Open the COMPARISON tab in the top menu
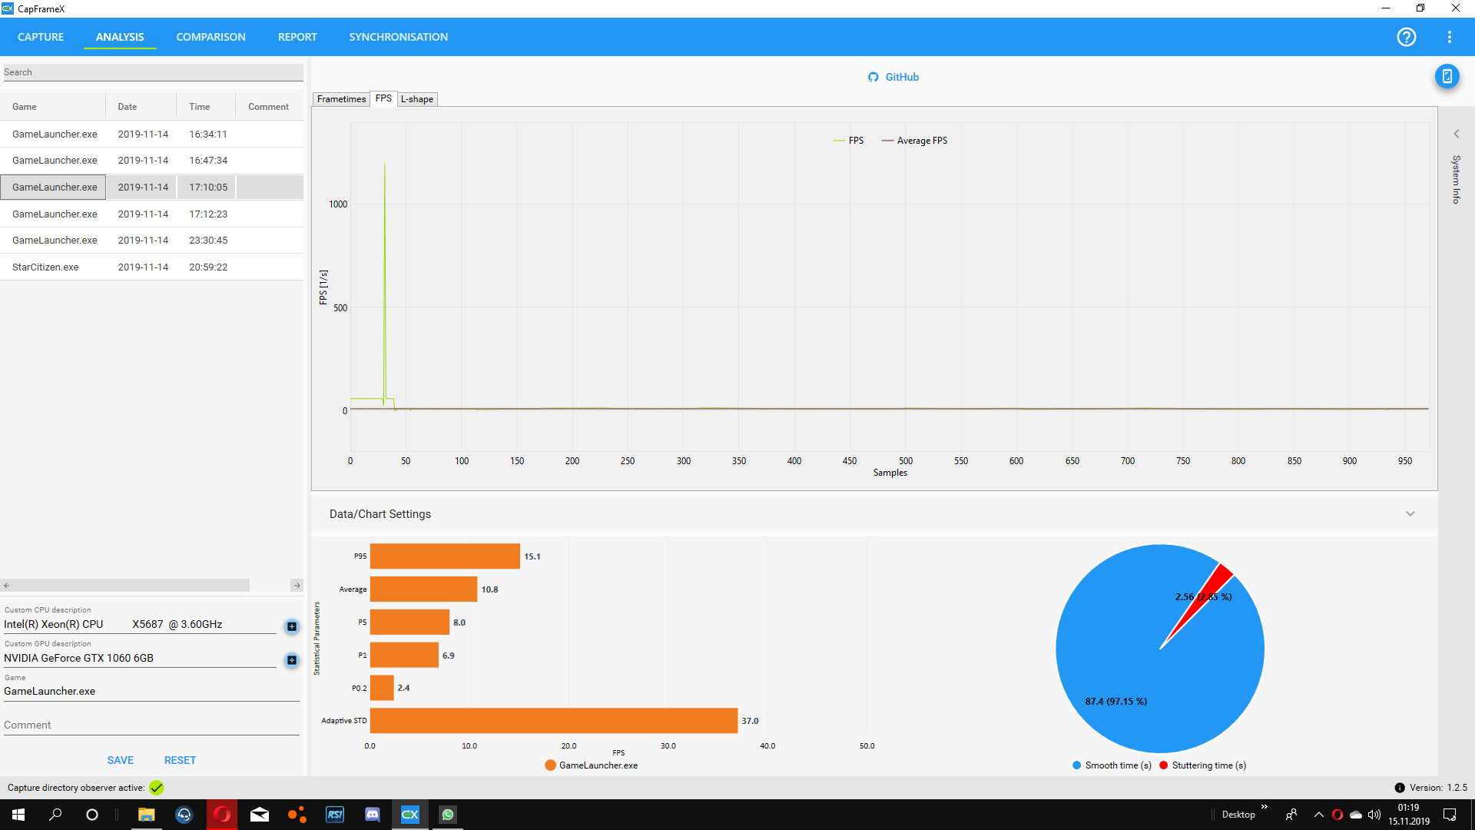click(x=210, y=37)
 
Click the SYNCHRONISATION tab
click(x=398, y=37)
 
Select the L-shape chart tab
click(x=417, y=99)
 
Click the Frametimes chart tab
click(x=341, y=99)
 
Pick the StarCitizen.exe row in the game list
click(x=45, y=267)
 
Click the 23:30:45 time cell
click(x=208, y=241)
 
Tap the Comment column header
click(x=268, y=107)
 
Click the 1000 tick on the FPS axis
click(x=338, y=204)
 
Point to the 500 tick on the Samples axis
click(x=906, y=461)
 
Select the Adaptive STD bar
click(x=553, y=721)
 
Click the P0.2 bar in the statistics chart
click(x=382, y=688)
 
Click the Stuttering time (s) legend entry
click(x=1208, y=765)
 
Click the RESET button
click(x=180, y=760)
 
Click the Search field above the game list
click(x=153, y=72)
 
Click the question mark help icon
click(x=1406, y=37)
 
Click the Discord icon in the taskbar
click(x=373, y=815)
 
